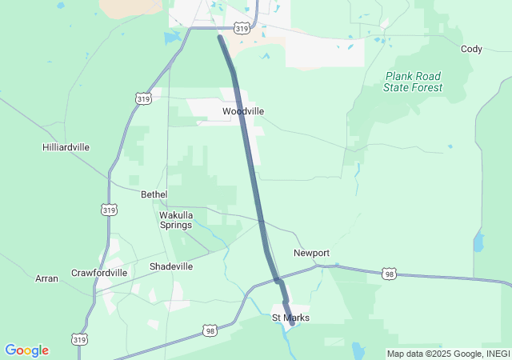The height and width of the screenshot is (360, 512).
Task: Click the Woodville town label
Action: tap(243, 111)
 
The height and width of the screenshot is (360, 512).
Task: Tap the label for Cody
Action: tap(471, 49)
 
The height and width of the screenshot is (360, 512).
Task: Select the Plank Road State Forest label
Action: tap(413, 82)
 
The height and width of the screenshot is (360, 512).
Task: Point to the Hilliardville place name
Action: tap(66, 147)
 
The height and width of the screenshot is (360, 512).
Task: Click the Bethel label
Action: tap(154, 194)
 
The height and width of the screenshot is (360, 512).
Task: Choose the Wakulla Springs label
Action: tap(175, 220)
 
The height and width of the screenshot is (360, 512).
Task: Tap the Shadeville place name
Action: tap(171, 266)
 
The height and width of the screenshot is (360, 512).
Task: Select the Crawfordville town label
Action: tap(99, 273)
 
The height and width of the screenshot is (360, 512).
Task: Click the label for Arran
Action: tap(46, 278)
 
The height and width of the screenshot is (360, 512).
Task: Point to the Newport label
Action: tap(311, 253)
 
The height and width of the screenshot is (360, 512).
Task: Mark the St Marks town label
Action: tap(290, 318)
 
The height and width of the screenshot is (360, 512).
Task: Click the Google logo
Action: tap(26, 350)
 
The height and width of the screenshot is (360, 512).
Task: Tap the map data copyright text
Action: tap(448, 354)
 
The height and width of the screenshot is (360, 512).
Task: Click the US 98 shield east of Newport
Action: tap(389, 273)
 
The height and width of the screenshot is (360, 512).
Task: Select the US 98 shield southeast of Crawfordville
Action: tap(210, 330)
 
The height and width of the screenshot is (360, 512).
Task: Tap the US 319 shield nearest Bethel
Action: tap(110, 210)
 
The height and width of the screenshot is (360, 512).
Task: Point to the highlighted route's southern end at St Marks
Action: tap(292, 323)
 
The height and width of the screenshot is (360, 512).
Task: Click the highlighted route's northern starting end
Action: tap(220, 37)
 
